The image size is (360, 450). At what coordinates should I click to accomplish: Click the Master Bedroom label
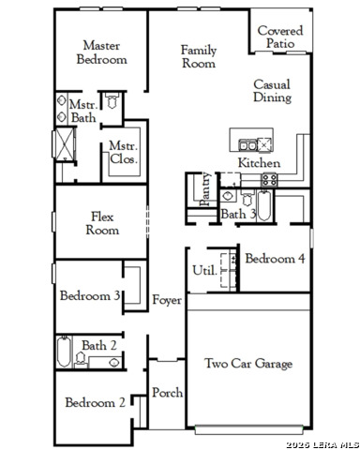coord(102,52)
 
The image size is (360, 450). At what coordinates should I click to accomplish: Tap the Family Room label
coord(199,56)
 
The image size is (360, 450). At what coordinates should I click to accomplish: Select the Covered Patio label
coord(280,37)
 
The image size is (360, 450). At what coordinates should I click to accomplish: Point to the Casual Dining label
coord(272,91)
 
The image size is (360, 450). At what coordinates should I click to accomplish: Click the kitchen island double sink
coord(247,145)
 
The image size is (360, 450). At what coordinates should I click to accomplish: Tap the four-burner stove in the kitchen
coord(269,180)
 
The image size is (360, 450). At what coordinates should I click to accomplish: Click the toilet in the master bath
coord(112,100)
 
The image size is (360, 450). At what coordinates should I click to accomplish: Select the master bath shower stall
coord(66,144)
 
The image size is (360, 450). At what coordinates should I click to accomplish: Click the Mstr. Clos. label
coord(124,153)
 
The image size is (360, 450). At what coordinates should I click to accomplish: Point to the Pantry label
coord(205,189)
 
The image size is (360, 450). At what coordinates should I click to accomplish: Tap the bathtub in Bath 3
coord(264,205)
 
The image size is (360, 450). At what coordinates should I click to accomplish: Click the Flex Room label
coord(102,223)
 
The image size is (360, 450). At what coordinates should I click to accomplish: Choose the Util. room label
coord(204,270)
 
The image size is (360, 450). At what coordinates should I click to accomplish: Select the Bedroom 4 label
coord(275,259)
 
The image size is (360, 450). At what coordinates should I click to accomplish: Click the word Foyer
coord(167,300)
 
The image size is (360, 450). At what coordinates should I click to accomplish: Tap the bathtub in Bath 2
coord(64,352)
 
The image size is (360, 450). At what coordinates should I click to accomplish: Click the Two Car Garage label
coord(248,364)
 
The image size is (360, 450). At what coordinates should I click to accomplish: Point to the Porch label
coord(168,393)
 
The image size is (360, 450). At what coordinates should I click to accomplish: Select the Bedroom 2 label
coord(96,402)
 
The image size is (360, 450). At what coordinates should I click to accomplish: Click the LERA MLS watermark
coord(322,444)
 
